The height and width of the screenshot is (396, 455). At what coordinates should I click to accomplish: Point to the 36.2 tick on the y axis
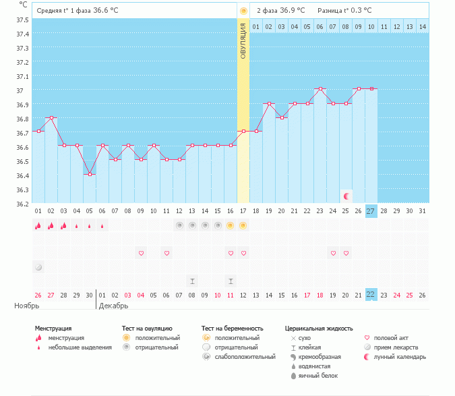[x=22, y=204]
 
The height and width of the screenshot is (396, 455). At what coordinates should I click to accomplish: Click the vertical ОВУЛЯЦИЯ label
[x=243, y=40]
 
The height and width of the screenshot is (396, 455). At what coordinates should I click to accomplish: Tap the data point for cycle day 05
[x=90, y=174]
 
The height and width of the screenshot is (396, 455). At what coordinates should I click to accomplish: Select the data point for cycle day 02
[x=51, y=117]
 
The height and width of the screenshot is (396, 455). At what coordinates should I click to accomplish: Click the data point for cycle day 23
[x=320, y=89]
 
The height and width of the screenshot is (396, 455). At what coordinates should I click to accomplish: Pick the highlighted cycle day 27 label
[x=371, y=211]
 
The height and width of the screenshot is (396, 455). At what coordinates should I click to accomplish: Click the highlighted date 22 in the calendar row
[x=371, y=294]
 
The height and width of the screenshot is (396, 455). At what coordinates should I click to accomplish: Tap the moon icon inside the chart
[x=346, y=196]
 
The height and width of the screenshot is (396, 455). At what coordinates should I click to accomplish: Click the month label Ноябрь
[x=28, y=306]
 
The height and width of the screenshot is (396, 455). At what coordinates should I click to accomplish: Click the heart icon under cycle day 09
[x=142, y=253]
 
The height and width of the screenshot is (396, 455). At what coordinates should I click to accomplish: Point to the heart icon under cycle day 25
[x=346, y=253]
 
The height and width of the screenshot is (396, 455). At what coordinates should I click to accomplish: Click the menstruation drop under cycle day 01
[x=38, y=225]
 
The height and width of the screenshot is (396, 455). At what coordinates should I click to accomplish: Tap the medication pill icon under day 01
[x=38, y=266]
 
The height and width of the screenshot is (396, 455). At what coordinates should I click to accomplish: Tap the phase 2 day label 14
[x=423, y=26]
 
